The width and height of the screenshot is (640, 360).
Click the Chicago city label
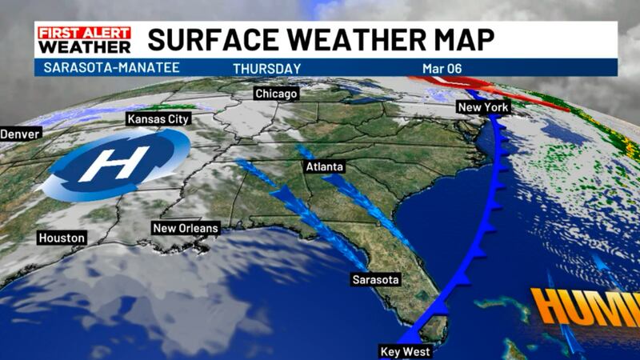(276, 94)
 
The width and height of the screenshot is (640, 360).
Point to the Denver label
(20, 134)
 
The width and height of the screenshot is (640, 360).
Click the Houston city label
(62, 238)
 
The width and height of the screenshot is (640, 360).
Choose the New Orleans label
(185, 229)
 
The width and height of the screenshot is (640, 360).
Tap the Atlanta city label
(324, 167)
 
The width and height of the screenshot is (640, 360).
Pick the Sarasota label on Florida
(375, 280)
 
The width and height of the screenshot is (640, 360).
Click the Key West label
(406, 352)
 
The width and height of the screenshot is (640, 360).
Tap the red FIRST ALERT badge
(84, 33)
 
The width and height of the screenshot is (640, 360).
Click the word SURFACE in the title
(211, 39)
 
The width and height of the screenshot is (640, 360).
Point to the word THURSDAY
(266, 69)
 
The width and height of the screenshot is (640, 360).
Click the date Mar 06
(441, 69)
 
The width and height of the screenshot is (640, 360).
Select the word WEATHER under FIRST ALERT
(84, 47)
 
